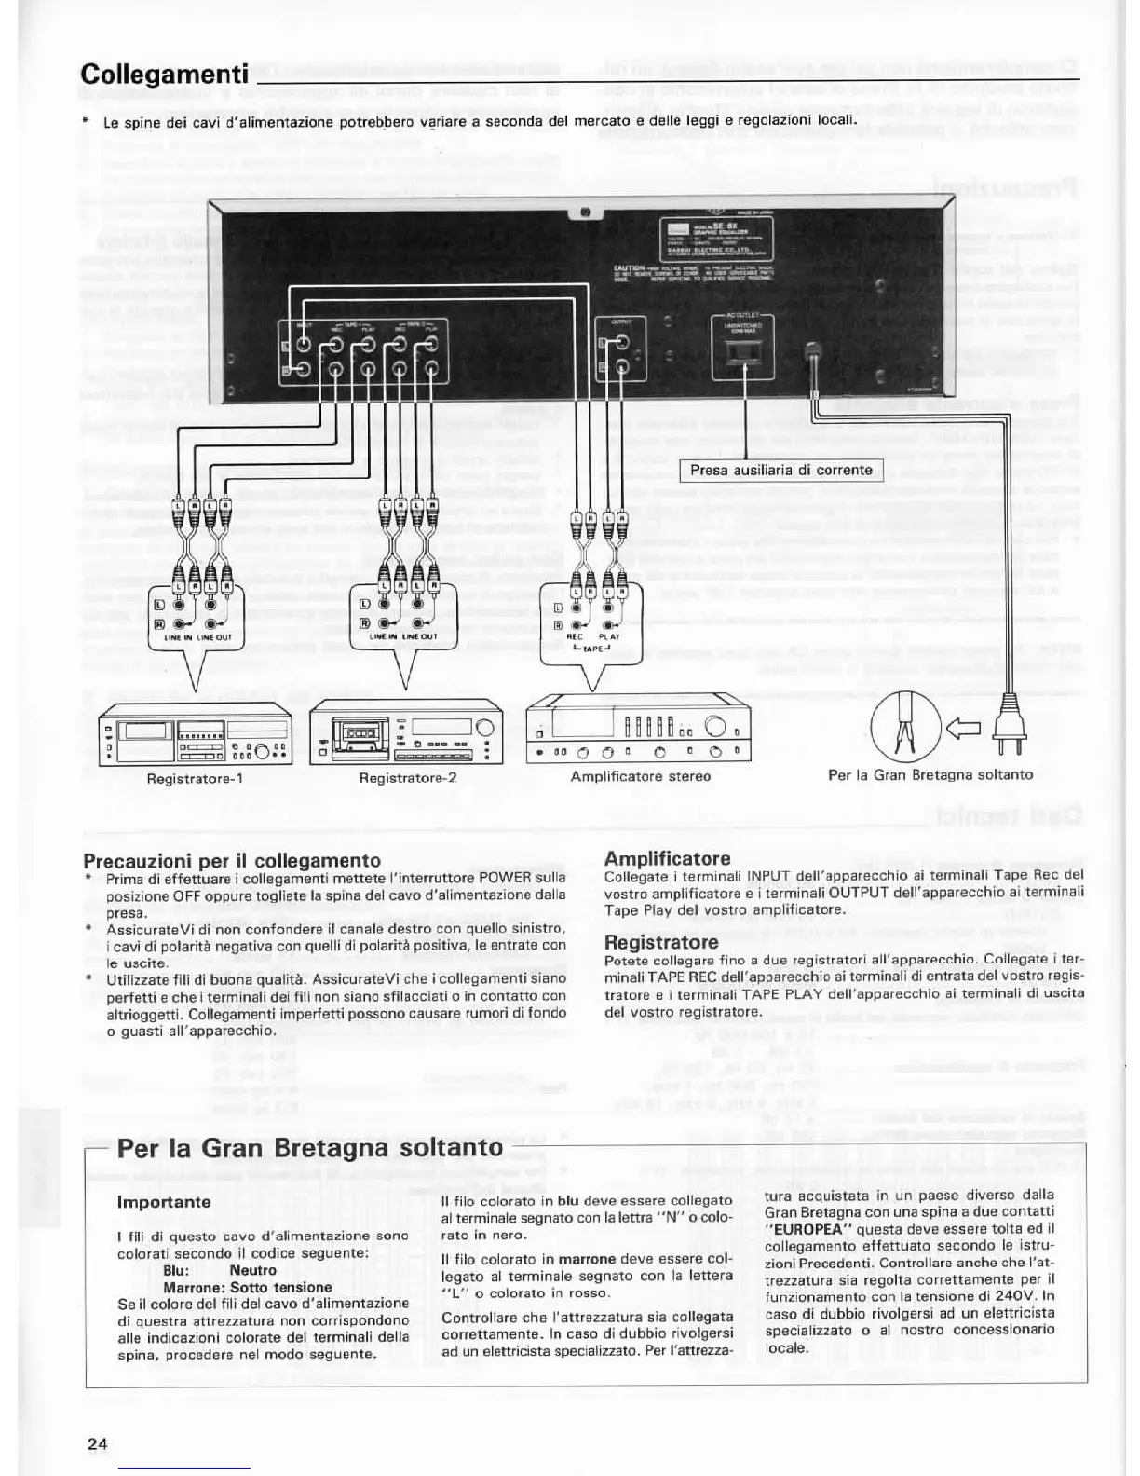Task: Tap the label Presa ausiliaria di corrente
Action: pos(780,471)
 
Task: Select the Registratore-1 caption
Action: pos(195,778)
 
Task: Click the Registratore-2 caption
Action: pos(407,778)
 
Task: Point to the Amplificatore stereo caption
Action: pos(640,776)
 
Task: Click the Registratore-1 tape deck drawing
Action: pos(195,733)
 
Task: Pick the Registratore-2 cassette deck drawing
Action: pos(406,733)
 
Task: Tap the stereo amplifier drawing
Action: pos(638,731)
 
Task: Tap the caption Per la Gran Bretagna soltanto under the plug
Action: pos(930,775)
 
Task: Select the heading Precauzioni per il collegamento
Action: pos(232,860)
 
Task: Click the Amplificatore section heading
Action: pos(667,858)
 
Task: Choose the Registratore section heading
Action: pos(661,942)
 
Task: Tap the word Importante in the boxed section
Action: pos(164,1202)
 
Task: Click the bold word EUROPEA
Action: pos(804,1229)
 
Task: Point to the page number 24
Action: pos(97,1444)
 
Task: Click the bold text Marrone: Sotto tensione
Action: pos(247,1287)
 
